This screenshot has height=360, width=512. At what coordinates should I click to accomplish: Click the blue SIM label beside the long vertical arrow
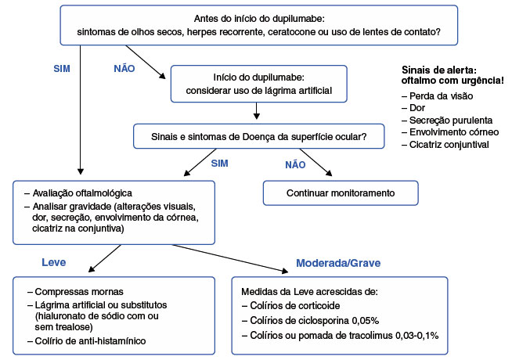pyautogui.click(x=62, y=69)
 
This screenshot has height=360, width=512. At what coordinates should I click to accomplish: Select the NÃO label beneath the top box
pyautogui.click(x=124, y=69)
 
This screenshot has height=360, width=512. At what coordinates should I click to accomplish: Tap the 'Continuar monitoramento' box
pyautogui.click(x=341, y=193)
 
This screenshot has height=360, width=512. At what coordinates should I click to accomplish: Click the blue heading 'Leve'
pyautogui.click(x=53, y=262)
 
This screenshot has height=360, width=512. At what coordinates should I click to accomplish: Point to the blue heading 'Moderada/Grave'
pyautogui.click(x=338, y=263)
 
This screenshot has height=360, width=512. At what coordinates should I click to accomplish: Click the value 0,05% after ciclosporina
pyautogui.click(x=366, y=321)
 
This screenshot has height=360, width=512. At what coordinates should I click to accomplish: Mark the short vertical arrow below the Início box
pyautogui.click(x=257, y=110)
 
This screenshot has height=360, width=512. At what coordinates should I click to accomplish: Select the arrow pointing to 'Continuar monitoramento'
pyautogui.click(x=315, y=163)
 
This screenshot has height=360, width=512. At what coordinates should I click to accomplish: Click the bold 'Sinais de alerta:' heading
pyautogui.click(x=439, y=70)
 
